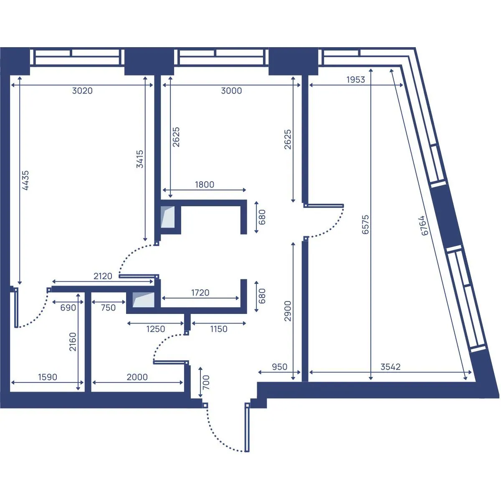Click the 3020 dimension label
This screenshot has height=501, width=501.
(x=82, y=91)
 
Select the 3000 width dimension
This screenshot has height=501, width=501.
(x=231, y=91)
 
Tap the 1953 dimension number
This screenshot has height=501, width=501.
(x=356, y=80)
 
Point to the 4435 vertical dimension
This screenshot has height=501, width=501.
(x=25, y=180)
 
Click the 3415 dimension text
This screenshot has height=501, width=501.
(x=140, y=159)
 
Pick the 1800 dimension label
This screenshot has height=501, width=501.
(x=205, y=185)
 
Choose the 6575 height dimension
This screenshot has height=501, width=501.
(x=366, y=224)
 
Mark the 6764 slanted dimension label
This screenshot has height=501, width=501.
(x=424, y=226)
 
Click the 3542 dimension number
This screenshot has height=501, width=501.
(x=390, y=367)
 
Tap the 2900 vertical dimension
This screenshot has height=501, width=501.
(x=288, y=311)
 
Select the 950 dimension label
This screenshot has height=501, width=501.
(x=279, y=367)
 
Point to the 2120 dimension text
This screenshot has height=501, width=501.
(x=103, y=276)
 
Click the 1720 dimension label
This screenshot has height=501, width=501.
(x=200, y=293)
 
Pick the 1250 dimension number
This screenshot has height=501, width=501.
(x=156, y=329)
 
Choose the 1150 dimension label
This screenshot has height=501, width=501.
(x=219, y=329)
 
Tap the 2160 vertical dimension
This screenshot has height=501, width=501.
(x=73, y=342)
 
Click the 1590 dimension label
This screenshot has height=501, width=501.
(x=48, y=377)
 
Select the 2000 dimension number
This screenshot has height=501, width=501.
(x=137, y=377)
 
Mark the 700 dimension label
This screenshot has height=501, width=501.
(x=206, y=382)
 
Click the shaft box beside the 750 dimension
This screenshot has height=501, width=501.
(x=143, y=300)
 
